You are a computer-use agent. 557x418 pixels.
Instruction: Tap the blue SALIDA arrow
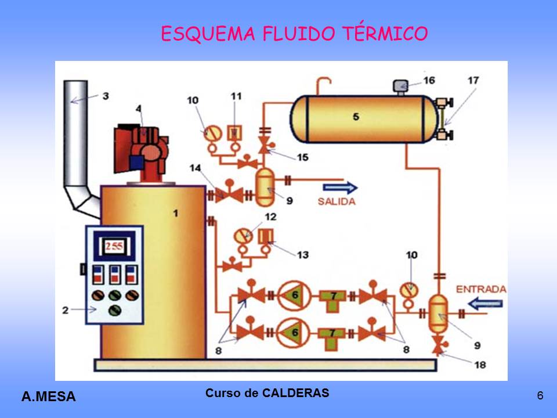pyautogui.click(x=340, y=187)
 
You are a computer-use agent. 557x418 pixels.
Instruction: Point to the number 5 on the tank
pyautogui.click(x=356, y=117)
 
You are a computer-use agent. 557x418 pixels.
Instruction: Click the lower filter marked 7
pyautogui.click(x=333, y=334)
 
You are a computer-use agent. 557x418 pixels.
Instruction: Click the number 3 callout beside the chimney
pyautogui.click(x=105, y=96)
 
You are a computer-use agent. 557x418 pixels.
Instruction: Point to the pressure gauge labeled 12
pyautogui.click(x=243, y=237)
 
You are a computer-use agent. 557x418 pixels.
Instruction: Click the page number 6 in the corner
pyautogui.click(x=540, y=396)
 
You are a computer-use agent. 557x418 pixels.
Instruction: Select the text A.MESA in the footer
pyautogui.click(x=49, y=397)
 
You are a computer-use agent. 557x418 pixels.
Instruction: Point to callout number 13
pyautogui.click(x=301, y=254)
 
